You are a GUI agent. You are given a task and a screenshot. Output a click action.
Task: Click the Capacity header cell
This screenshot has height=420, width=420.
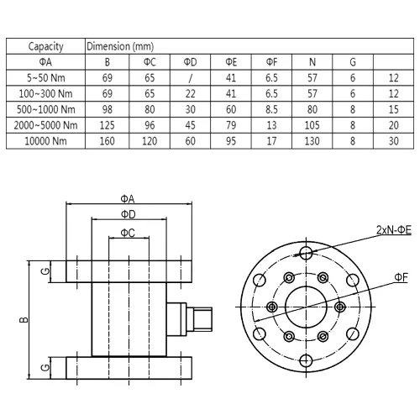coord(45,46)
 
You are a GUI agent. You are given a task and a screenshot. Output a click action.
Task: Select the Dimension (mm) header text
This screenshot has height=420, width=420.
coord(120,46)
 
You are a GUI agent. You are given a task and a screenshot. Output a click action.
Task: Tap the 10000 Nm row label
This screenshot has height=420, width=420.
coord(45,141)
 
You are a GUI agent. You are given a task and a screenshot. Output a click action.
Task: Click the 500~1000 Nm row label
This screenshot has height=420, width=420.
coord(45,109)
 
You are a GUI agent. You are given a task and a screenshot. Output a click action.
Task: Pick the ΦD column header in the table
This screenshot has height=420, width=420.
coord(190,62)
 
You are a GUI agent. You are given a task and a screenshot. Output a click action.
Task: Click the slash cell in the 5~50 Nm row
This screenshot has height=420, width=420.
coord(190,78)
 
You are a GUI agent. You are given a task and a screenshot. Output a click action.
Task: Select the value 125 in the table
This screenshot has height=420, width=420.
coord(107,125)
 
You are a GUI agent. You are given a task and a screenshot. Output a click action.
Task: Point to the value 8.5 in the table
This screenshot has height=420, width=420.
coord(271,109)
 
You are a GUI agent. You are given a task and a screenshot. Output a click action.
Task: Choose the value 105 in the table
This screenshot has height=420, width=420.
coord(312,125)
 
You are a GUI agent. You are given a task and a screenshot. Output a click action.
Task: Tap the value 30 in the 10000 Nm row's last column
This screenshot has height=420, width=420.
coord(393,141)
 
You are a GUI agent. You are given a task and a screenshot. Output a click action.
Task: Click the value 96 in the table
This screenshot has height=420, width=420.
coord(150,125)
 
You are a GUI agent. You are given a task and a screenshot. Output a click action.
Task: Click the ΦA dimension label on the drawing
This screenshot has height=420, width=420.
coord(128,199)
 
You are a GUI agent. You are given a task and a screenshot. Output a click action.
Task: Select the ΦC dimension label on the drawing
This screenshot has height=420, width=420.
coord(128,233)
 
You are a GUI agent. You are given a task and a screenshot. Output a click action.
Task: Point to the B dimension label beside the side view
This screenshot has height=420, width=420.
coord(24,319)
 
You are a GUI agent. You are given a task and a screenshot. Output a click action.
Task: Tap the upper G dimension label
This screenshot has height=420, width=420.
coord(45,270)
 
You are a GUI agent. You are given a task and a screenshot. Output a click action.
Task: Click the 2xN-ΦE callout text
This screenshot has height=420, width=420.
coord(394,230)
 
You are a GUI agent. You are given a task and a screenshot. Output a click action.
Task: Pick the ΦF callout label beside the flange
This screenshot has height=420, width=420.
coord(401,277)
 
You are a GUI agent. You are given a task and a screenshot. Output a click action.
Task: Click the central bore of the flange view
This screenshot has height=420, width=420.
coord(306,307)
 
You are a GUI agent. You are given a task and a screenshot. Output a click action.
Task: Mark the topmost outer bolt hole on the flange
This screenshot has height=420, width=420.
coord(306,253)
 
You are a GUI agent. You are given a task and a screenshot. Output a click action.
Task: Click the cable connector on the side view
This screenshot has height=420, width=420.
coord(189,319)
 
